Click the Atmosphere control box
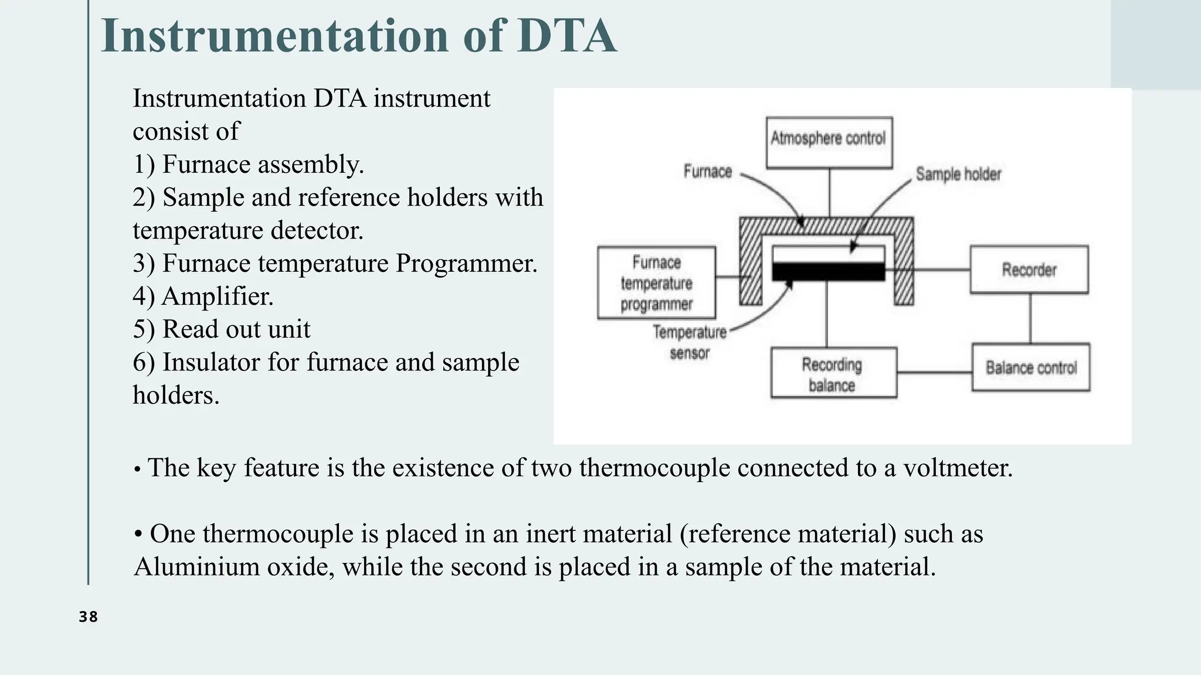tap(829, 142)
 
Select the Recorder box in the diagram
tap(1029, 270)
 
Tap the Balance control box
tap(1030, 367)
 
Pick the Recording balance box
tap(833, 373)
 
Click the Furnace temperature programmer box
tap(656, 283)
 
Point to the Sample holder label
tap(958, 174)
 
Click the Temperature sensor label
tap(690, 342)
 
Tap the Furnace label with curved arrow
tap(708, 172)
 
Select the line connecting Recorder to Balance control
tap(1030, 318)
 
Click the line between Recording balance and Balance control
tap(934, 372)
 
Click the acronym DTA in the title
tap(566, 36)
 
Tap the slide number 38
tap(89, 617)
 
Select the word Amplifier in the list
tap(217, 296)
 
